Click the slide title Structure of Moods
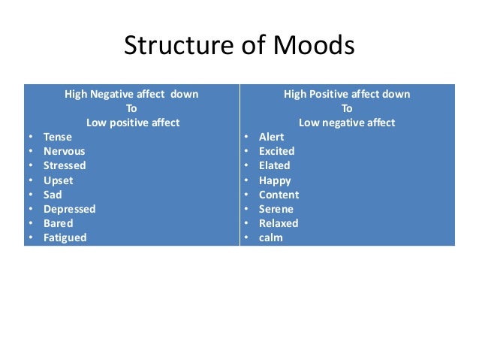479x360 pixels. [x=239, y=47]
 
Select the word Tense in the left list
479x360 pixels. [x=57, y=137]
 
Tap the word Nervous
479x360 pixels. [x=65, y=151]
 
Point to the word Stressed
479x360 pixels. [x=65, y=165]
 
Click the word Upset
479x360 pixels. [x=59, y=180]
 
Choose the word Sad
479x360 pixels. [x=53, y=195]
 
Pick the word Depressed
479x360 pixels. [x=69, y=209]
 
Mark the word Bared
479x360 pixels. [x=59, y=223]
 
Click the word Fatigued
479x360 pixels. [x=65, y=237]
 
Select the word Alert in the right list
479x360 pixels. [x=272, y=137]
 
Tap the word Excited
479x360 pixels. [x=276, y=151]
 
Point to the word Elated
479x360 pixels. [x=274, y=165]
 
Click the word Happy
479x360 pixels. [x=275, y=180]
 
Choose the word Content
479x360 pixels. [x=279, y=195]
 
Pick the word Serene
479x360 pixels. [x=276, y=209]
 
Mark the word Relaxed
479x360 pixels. [x=279, y=223]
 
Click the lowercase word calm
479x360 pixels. [x=271, y=237]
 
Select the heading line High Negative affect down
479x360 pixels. [x=131, y=94]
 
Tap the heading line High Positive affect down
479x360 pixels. [x=347, y=94]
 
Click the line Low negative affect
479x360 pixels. [x=347, y=123]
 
